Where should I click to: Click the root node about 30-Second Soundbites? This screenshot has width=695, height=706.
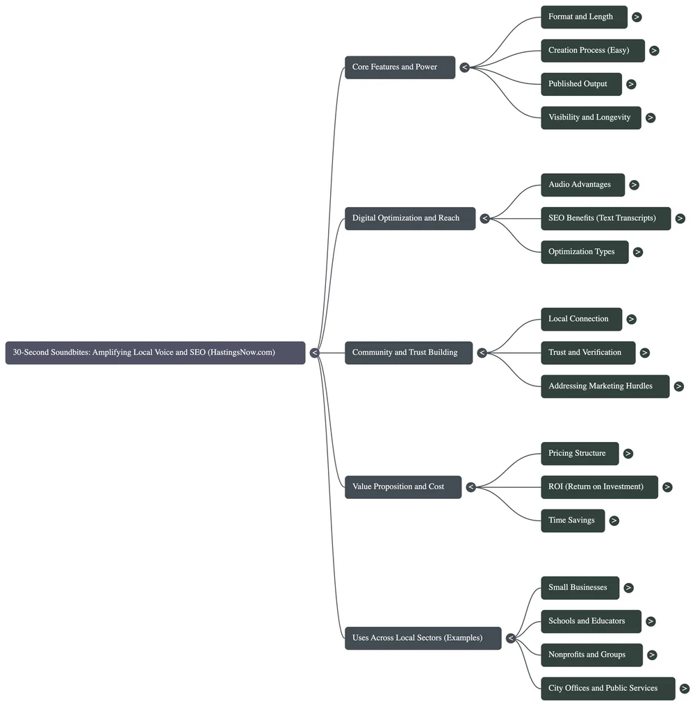coord(155,352)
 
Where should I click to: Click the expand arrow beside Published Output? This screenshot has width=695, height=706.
coord(631,84)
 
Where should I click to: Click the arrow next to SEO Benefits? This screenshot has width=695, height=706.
coord(680,218)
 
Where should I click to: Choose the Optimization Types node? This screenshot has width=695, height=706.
coord(584,252)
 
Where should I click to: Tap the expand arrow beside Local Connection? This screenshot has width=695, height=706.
coord(631,319)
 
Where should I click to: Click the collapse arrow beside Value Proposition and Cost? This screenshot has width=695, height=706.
coord(471,487)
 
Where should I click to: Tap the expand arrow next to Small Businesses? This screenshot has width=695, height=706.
coord(628,588)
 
